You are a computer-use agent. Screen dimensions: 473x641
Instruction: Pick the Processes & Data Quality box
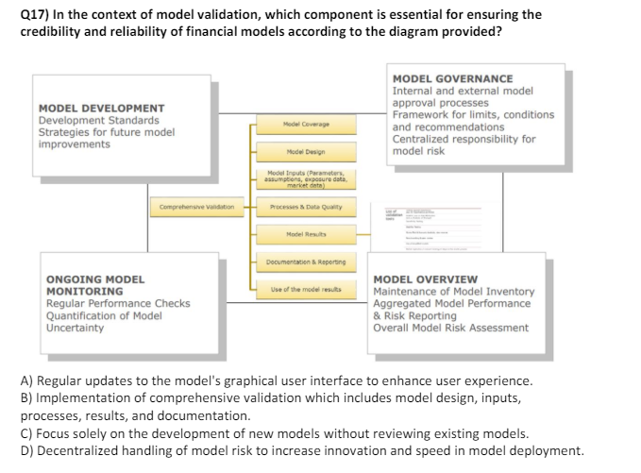(298, 206)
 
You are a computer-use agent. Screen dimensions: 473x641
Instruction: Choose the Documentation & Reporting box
(298, 261)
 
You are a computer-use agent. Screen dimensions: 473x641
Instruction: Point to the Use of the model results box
(298, 288)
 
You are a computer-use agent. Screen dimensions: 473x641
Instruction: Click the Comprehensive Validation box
(197, 206)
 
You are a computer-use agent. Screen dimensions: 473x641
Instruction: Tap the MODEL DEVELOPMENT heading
(101, 109)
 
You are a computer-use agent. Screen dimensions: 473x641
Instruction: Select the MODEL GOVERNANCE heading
(452, 79)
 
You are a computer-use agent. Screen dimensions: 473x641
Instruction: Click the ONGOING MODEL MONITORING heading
(95, 285)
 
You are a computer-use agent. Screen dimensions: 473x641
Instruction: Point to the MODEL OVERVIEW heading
(426, 279)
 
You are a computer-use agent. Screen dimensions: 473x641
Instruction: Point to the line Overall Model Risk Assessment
(451, 329)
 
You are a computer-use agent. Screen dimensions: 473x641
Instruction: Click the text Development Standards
(98, 121)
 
